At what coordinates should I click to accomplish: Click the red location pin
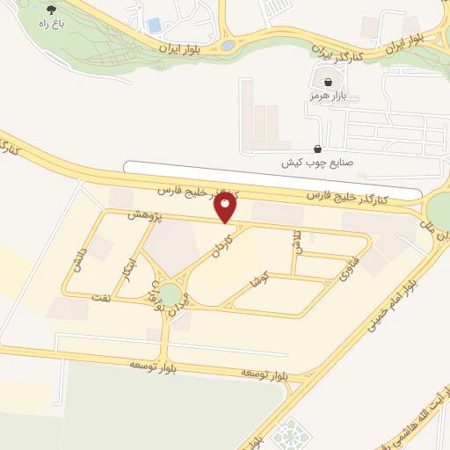point(226,207)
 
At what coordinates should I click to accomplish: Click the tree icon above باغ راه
point(49,10)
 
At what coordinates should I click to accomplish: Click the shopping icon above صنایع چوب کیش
point(316,149)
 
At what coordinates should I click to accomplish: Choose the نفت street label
point(100,300)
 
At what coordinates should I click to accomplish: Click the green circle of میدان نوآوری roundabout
point(171,295)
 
